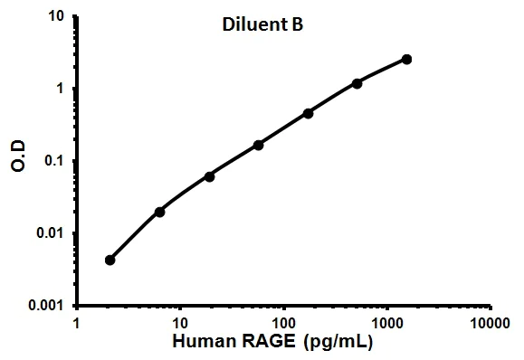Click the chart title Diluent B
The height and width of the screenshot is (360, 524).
pyautogui.click(x=262, y=25)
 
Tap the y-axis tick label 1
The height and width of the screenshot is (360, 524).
pyautogui.click(x=60, y=89)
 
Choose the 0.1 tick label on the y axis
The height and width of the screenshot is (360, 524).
pyautogui.click(x=53, y=161)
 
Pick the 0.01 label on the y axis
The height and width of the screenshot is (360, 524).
pyautogui.click(x=51, y=233)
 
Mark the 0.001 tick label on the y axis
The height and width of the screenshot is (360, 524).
pyautogui.click(x=46, y=306)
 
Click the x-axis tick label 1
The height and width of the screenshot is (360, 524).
pyautogui.click(x=77, y=323)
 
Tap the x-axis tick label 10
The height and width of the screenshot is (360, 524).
pyautogui.click(x=180, y=323)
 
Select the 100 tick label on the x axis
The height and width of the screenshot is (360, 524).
pyautogui.click(x=284, y=323)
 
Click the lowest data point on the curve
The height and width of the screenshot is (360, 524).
pyautogui.click(x=110, y=260)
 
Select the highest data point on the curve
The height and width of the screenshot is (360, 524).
pyautogui.click(x=406, y=60)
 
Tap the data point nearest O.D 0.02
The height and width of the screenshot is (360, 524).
pyautogui.click(x=160, y=212)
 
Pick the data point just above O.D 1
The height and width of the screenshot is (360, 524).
pyautogui.click(x=357, y=83)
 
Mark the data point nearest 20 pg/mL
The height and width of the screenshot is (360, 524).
pyautogui.click(x=210, y=176)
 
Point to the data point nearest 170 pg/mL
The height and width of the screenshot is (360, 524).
pyautogui.click(x=308, y=113)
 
